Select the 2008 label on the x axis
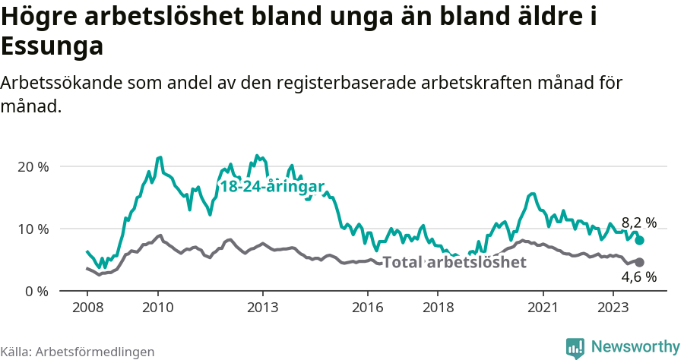(87, 308)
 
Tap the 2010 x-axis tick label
(157, 308)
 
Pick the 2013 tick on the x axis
(263, 308)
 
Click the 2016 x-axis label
(368, 308)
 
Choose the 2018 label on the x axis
(438, 308)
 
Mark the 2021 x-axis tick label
(543, 308)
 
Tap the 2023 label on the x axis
(613, 308)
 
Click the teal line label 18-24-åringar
(272, 187)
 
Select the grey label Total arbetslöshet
(454, 263)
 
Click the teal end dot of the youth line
(639, 240)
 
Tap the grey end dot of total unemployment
(639, 262)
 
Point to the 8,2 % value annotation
(638, 223)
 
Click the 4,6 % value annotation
(638, 277)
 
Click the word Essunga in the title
(52, 47)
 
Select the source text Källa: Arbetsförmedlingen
(78, 352)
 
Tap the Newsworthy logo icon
(575, 347)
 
